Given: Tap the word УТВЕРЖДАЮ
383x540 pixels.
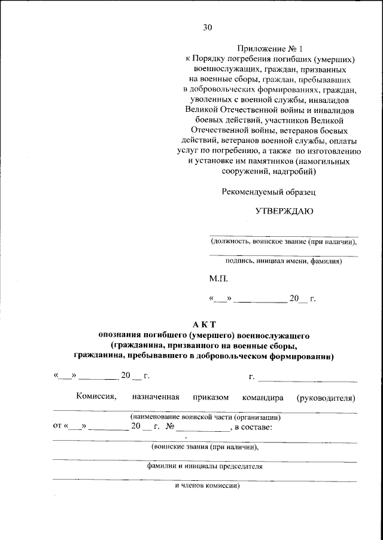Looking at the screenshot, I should pyautogui.click(x=284, y=211).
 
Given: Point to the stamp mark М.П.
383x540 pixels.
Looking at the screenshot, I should pyautogui.click(x=218, y=279).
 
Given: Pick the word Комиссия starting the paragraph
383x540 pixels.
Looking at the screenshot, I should pyautogui.click(x=96, y=397).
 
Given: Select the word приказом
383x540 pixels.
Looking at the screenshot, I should pyautogui.click(x=211, y=397).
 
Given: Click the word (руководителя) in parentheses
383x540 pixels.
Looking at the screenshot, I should pyautogui.click(x=326, y=397).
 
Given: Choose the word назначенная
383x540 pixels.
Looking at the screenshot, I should pyautogui.click(x=156, y=397).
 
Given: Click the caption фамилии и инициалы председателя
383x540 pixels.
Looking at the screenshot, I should pyautogui.click(x=205, y=466).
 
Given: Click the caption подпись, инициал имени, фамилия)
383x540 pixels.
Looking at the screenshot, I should pyautogui.click(x=283, y=261).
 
